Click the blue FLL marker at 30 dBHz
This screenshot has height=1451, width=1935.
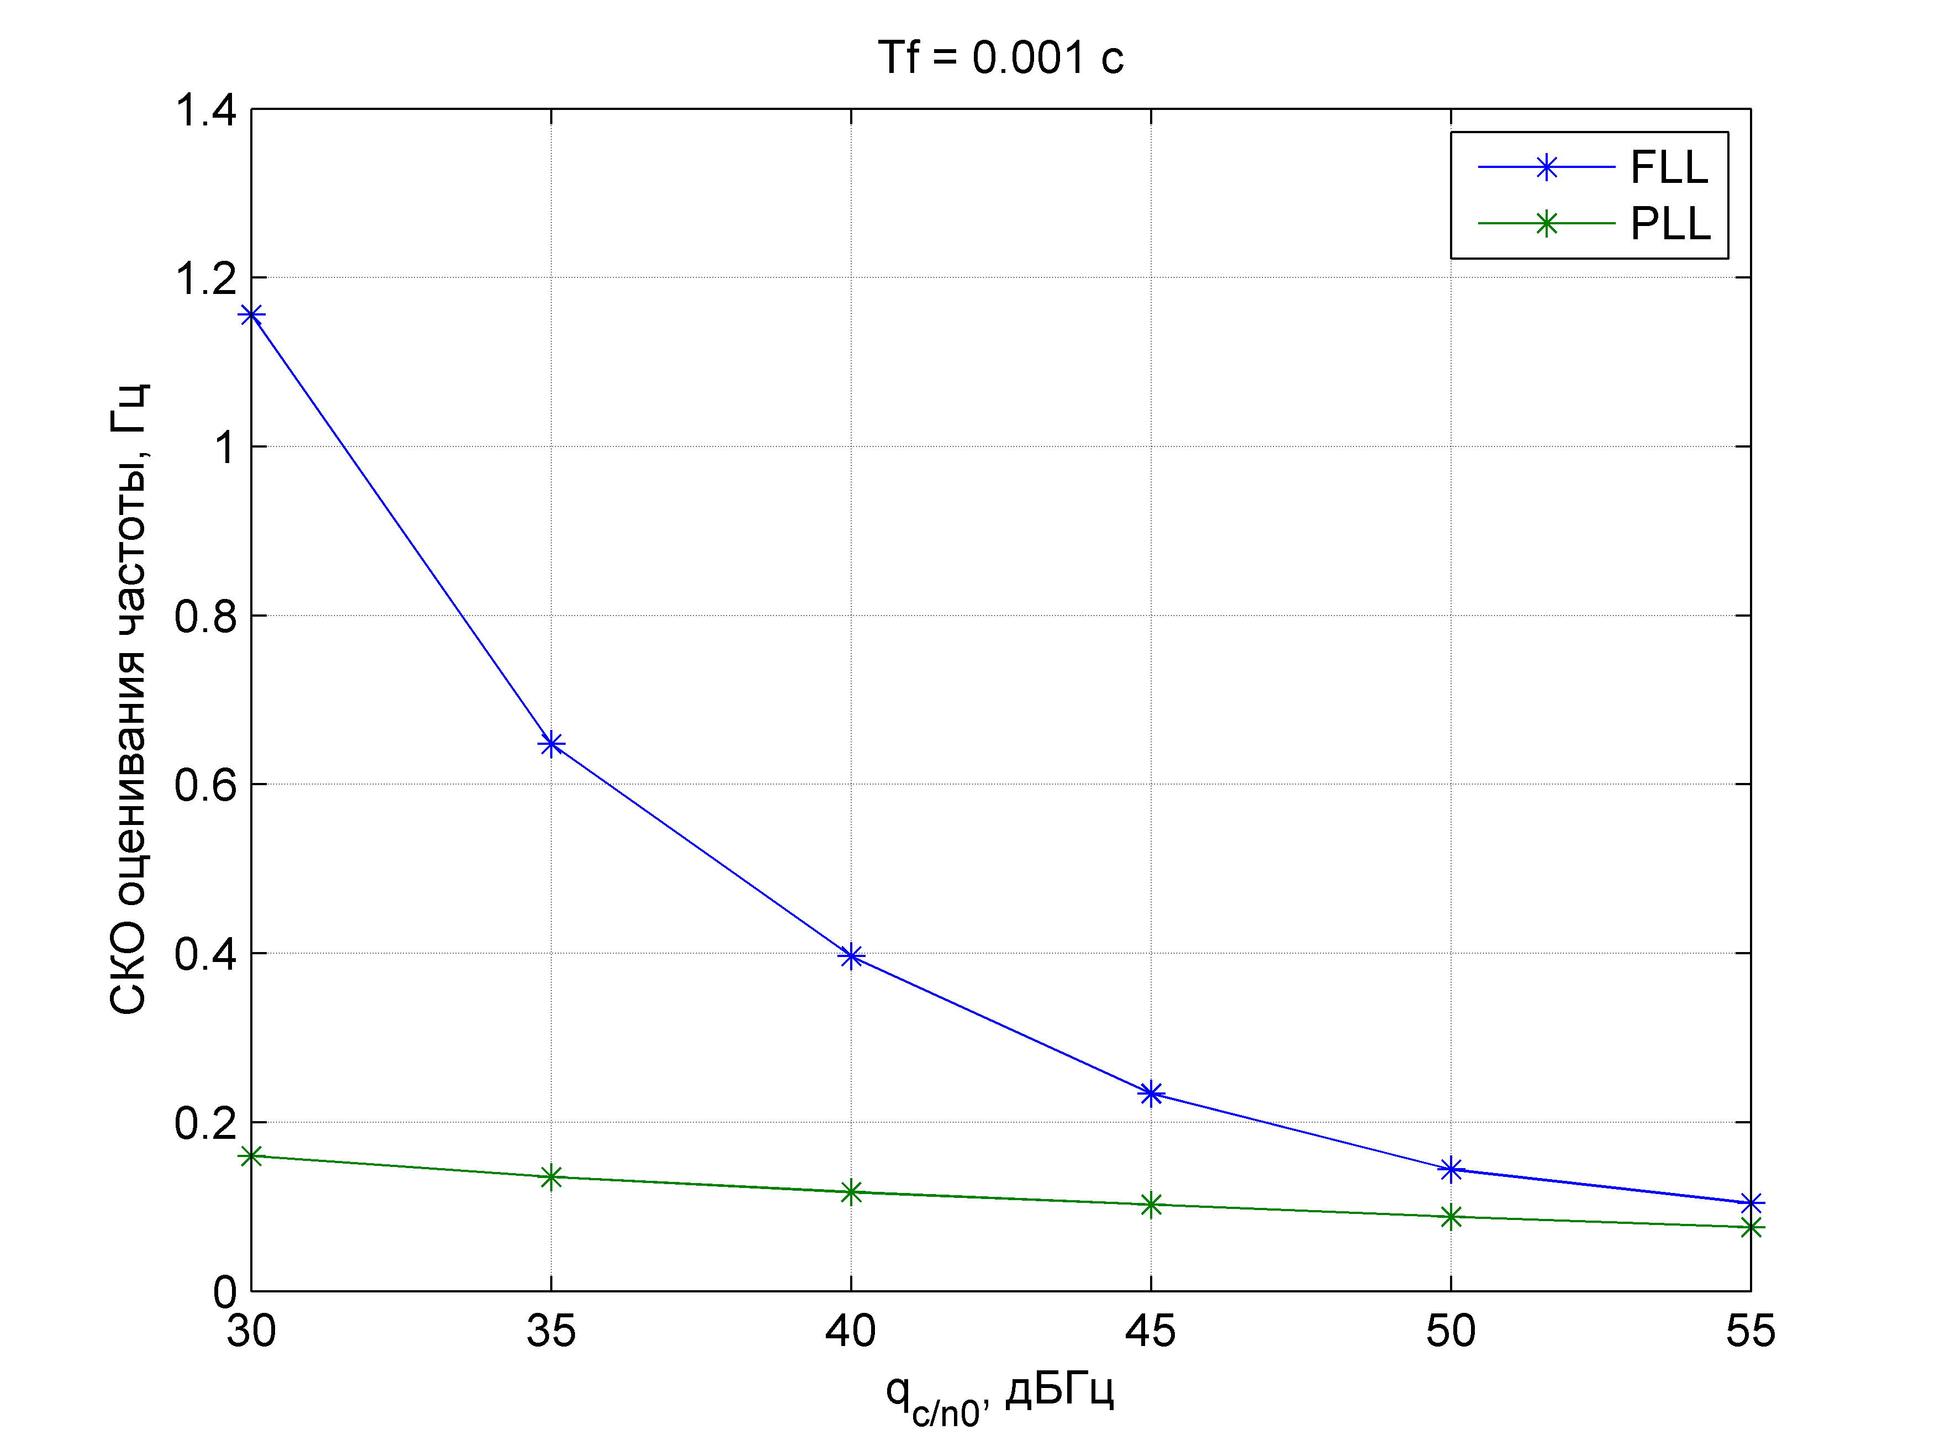tap(252, 315)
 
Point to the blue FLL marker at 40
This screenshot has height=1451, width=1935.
tap(851, 956)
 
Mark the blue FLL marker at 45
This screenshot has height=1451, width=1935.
tap(1151, 1093)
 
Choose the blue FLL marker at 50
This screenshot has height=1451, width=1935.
tap(1451, 1169)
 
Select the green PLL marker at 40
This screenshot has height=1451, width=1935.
tap(851, 1192)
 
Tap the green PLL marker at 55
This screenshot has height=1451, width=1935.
tap(1751, 1228)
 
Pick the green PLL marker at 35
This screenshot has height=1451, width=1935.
tap(551, 1177)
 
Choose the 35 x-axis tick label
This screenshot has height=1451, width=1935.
tap(551, 1331)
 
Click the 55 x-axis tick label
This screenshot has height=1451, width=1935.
tap(1751, 1331)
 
